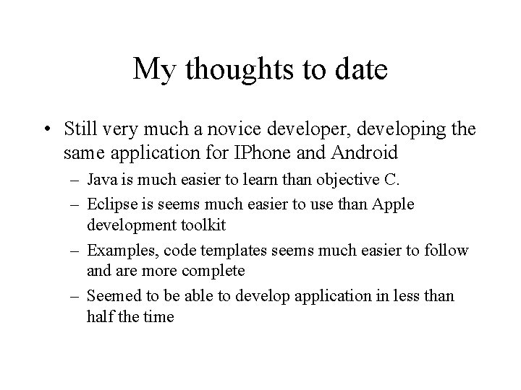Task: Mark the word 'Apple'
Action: pos(393,205)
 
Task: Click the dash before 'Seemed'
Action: pos(75,296)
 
